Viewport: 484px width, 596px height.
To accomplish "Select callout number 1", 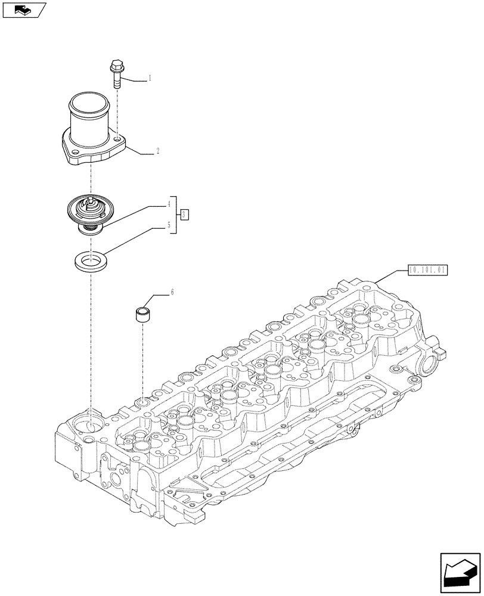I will point(150,78).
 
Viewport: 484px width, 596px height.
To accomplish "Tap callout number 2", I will point(157,152).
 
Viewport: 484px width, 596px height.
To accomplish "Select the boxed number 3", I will point(185,214).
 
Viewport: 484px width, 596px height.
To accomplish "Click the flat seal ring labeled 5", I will point(91,260).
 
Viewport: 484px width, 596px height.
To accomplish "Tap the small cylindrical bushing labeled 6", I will point(141,315).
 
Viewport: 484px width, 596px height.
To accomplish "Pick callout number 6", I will point(172,292).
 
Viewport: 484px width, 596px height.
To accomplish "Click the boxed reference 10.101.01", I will point(427,270).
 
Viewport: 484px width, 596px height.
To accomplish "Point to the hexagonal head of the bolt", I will point(115,65).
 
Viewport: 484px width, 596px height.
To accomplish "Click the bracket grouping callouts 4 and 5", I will point(175,215).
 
